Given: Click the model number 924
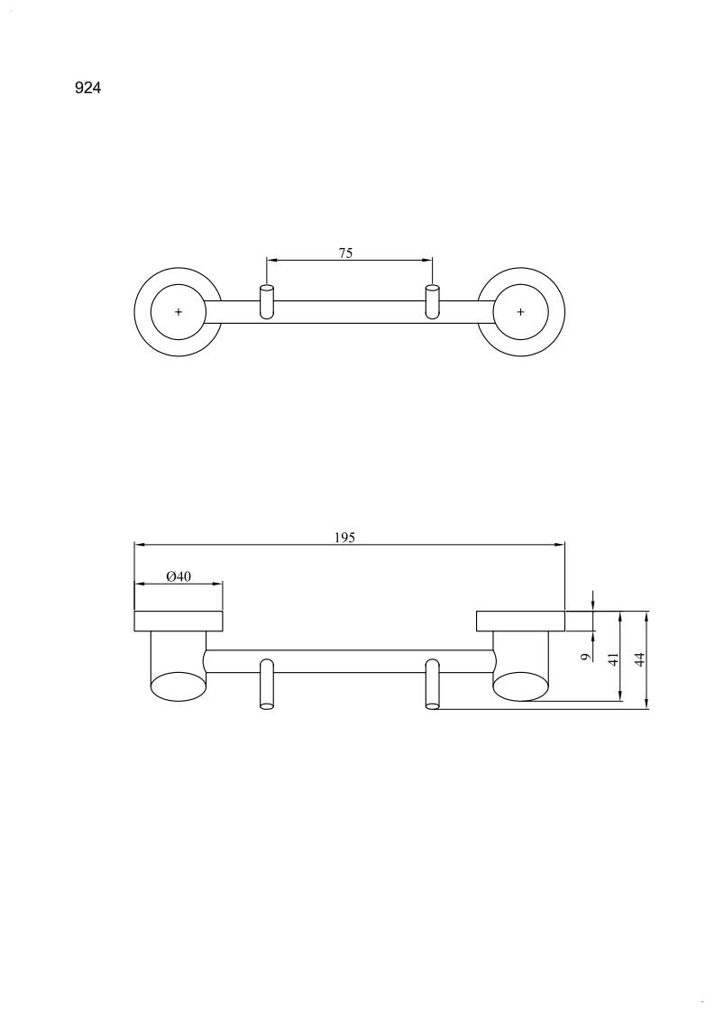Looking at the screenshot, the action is click(87, 87).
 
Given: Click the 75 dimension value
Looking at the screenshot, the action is click(346, 253).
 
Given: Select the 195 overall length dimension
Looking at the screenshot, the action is click(345, 538).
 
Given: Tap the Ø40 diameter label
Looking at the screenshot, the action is click(179, 576).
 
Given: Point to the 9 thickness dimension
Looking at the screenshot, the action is click(586, 657).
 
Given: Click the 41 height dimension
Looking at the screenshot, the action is click(614, 659).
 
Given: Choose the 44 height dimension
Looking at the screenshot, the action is click(639, 659).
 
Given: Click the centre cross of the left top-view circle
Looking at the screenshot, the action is click(179, 312).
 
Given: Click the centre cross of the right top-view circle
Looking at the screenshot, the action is click(520, 312).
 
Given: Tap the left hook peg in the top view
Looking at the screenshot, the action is click(267, 301).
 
